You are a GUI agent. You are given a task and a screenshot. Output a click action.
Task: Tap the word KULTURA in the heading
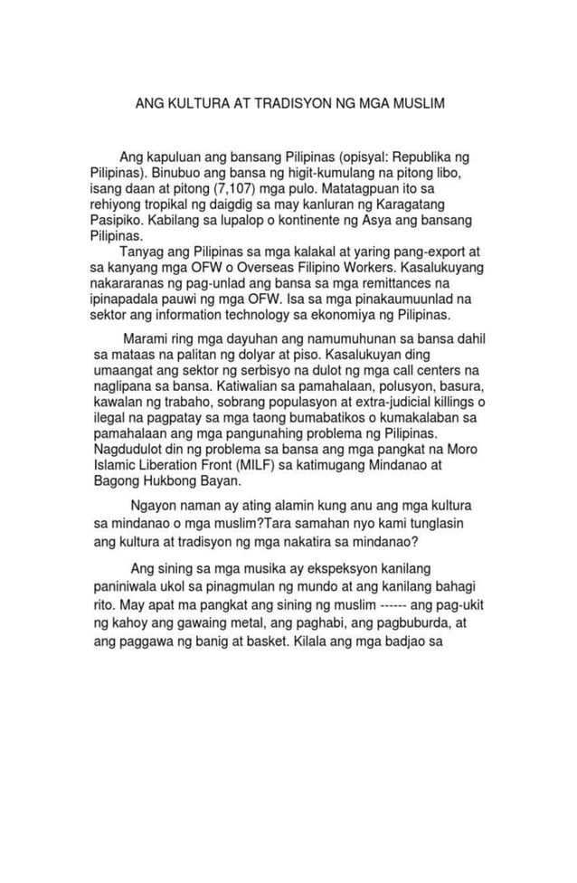(x=190, y=104)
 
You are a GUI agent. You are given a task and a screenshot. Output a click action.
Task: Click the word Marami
(x=144, y=338)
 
